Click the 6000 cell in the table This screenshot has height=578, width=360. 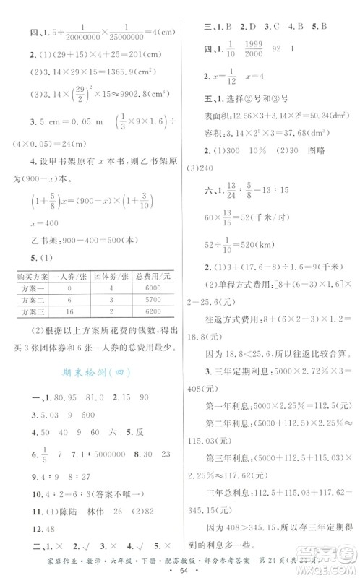[150, 290]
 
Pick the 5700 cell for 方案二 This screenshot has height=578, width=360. [150, 304]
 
